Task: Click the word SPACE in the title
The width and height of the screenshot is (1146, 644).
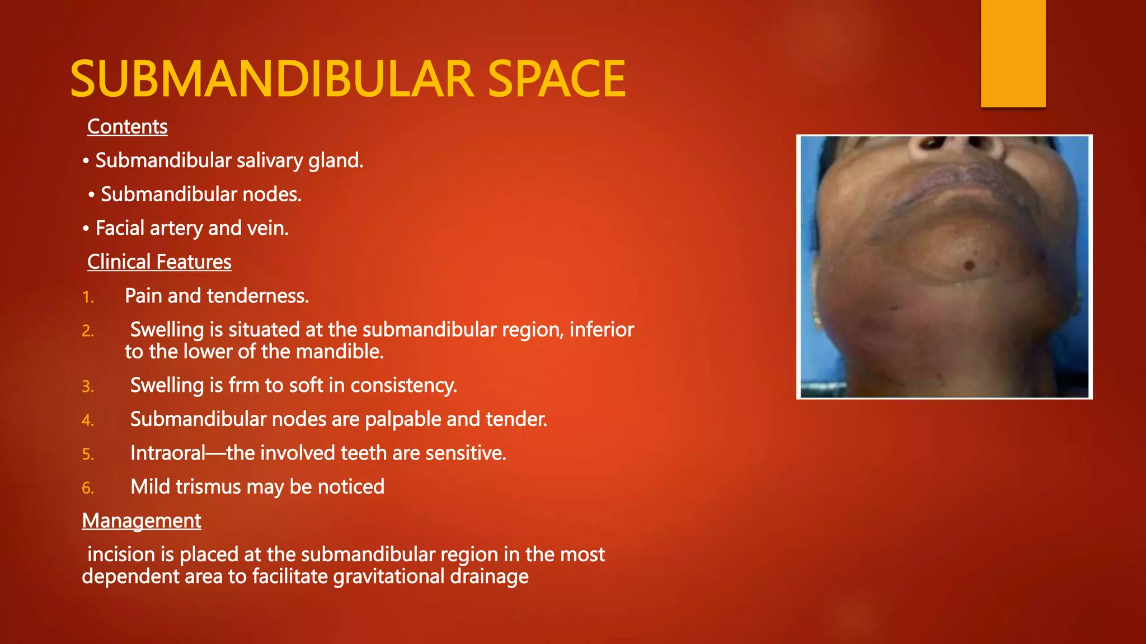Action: tap(556, 79)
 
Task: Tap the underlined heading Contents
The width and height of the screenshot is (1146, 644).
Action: tap(127, 127)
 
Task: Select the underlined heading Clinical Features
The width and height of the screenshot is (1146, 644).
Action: tap(159, 262)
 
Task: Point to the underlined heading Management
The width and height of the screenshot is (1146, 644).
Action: tap(141, 521)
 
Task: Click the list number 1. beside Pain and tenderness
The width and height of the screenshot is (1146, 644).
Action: tap(88, 297)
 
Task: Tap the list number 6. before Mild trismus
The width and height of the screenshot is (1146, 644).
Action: tap(88, 489)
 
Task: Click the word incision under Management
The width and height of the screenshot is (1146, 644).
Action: tap(121, 555)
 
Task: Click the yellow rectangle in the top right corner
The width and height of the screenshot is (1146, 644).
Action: tap(1013, 54)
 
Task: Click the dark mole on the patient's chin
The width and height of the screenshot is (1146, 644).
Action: tap(969, 264)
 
